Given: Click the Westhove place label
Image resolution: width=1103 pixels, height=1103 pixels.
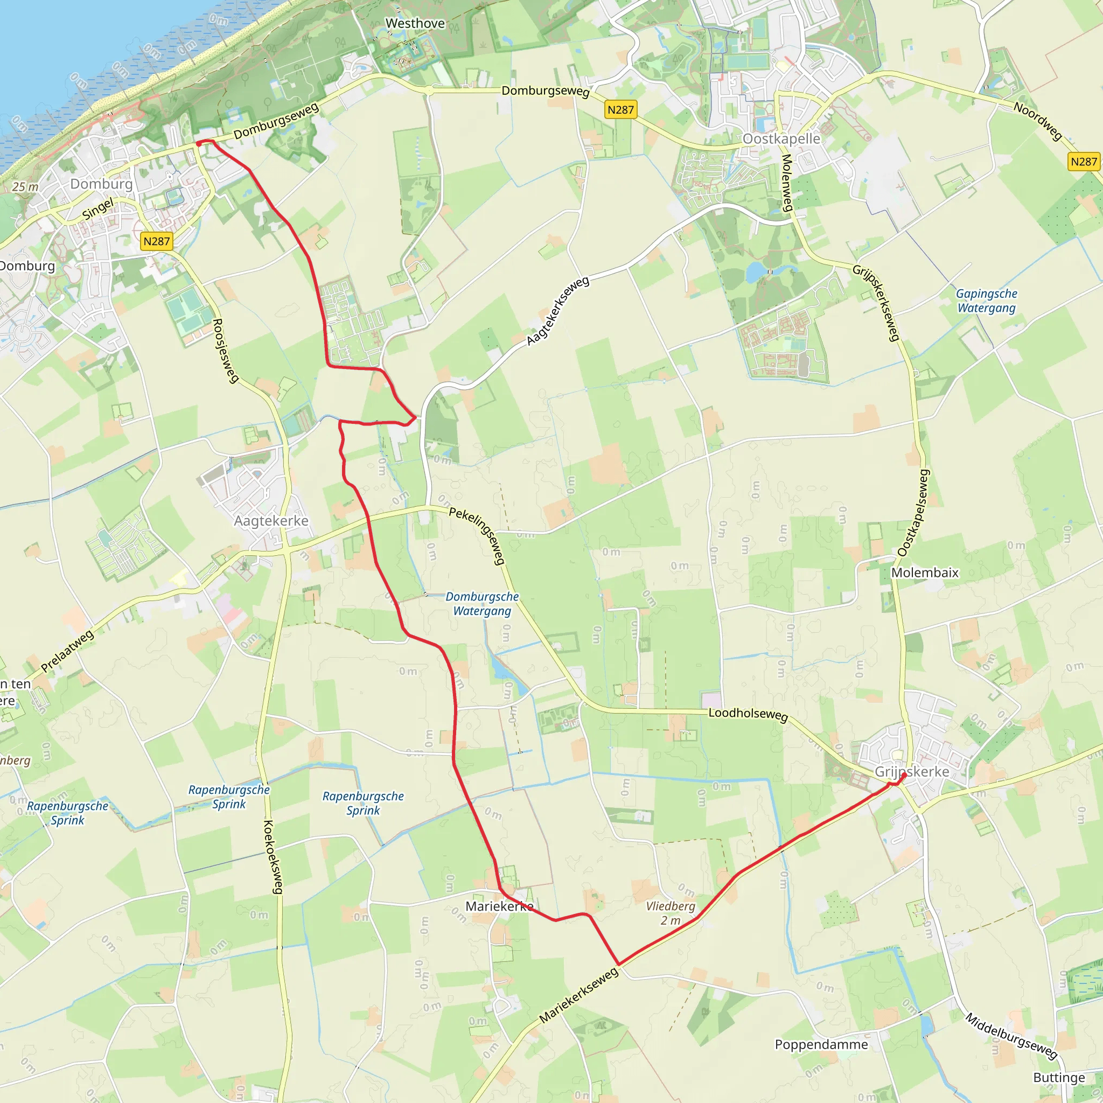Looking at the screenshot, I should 415,23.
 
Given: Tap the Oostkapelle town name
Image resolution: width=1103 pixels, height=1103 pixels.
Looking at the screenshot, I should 781,139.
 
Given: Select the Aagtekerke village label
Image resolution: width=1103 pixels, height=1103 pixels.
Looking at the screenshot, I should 271,521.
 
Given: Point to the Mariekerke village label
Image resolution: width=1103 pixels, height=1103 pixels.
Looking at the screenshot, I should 499,906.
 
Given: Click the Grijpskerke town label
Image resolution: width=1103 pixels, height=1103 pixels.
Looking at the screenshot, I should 912,772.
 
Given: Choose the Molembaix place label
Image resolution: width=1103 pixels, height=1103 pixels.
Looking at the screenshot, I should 925,573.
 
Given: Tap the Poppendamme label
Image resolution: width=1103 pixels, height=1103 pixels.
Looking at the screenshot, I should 821,1044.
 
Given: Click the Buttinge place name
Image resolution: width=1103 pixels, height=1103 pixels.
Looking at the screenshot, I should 1059,1077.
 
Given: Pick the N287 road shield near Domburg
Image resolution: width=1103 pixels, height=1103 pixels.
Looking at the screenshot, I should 156,241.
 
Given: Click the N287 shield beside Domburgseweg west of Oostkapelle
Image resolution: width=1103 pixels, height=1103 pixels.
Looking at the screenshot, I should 620,110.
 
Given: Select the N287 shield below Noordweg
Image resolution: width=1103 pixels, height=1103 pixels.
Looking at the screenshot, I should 1084,162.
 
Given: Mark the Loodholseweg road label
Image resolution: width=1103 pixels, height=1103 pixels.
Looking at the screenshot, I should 748,714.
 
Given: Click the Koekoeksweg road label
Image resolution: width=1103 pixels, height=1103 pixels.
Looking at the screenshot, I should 273,856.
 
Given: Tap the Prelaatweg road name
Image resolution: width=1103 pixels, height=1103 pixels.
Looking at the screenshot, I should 67,652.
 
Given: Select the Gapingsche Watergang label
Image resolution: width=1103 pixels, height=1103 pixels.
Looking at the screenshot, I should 987,301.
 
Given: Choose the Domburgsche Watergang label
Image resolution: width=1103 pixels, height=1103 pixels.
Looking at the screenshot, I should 482,603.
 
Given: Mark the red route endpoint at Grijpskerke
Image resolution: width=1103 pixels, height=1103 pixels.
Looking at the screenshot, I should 903,776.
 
